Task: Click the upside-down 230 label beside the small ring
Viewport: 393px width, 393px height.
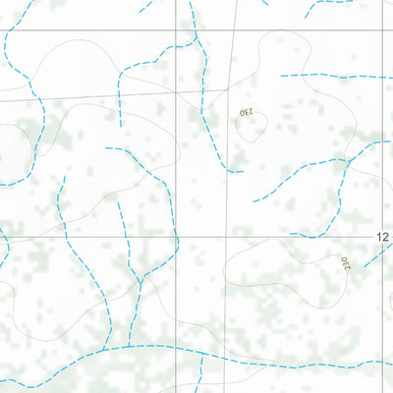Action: click(x=246, y=112)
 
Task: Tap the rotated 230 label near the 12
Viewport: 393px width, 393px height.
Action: click(x=345, y=263)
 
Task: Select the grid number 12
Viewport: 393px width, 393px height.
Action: click(x=383, y=237)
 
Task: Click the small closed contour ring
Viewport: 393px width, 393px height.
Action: click(x=253, y=129)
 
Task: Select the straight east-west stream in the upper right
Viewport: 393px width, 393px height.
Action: click(x=334, y=76)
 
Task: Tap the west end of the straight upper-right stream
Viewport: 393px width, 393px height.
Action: click(x=282, y=76)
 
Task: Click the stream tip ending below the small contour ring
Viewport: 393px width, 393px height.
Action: click(x=239, y=171)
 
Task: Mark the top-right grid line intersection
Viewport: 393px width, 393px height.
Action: click(x=384, y=28)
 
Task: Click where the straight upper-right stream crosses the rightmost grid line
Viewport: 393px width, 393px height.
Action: click(x=384, y=76)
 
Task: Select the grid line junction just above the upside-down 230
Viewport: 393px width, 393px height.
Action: click(x=232, y=88)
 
